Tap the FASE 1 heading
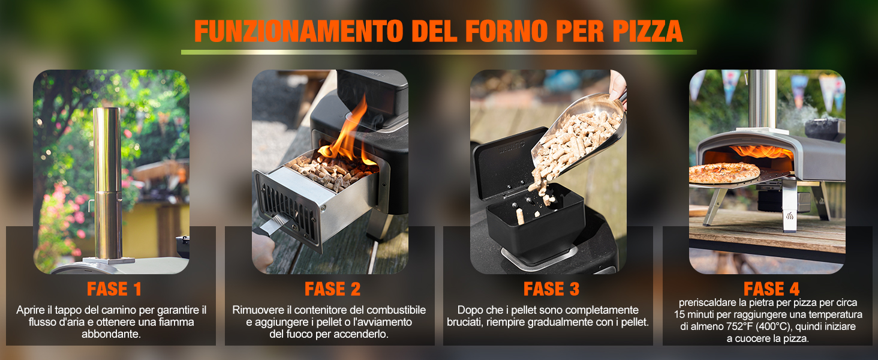tap(114, 289)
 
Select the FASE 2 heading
tap(332, 289)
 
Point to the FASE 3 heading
tap(551, 289)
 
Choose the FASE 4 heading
tap(771, 289)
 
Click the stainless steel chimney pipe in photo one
tap(107, 180)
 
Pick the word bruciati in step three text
tap(467, 322)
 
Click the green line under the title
tap(438, 53)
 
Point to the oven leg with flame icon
tap(789, 210)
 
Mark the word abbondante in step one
tap(112, 334)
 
